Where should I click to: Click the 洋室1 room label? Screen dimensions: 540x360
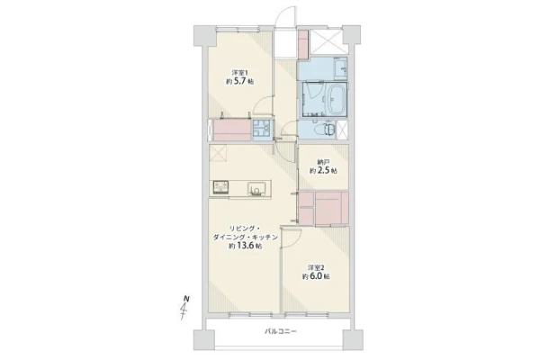[x=239, y=73]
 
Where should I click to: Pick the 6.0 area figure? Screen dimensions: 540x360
[x=316, y=276]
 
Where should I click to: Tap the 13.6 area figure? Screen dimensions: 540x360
[x=245, y=246]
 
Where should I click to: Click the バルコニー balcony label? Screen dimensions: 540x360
[x=280, y=332]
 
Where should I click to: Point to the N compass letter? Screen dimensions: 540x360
[x=186, y=298]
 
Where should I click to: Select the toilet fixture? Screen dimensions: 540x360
[x=325, y=130]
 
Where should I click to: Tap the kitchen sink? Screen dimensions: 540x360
[x=256, y=189]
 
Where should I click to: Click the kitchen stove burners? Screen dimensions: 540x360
[x=221, y=187]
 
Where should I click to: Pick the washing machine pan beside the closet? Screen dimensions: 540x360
[x=262, y=130]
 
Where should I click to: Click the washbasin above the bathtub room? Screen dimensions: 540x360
[x=340, y=68]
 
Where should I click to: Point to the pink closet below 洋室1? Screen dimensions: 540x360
[x=232, y=130]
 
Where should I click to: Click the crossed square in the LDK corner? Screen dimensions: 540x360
[x=218, y=153]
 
